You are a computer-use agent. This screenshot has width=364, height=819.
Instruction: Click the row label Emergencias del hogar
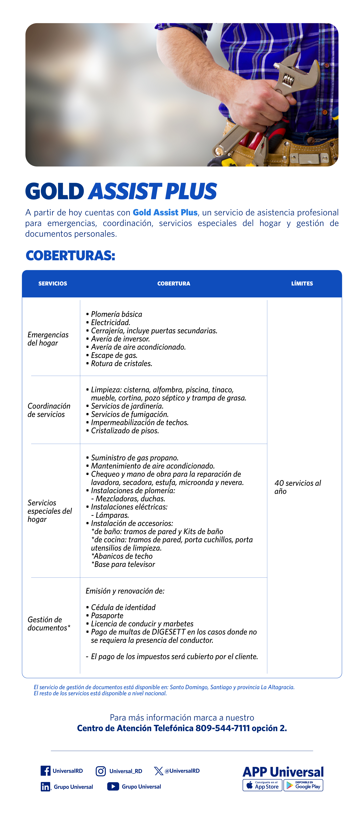pyautogui.click(x=48, y=339)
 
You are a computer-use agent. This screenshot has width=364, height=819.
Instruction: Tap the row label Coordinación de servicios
pyautogui.click(x=49, y=410)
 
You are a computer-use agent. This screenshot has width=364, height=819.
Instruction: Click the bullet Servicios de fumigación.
pyautogui.click(x=130, y=414)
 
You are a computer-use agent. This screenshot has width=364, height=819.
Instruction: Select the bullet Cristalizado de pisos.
pyautogui.click(x=125, y=431)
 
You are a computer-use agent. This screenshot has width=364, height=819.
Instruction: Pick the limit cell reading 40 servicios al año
pyautogui.click(x=298, y=487)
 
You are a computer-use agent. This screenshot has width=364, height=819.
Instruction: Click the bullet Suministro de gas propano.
pyautogui.click(x=135, y=458)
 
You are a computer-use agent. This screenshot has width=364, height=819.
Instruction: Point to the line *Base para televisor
pyautogui.click(x=123, y=564)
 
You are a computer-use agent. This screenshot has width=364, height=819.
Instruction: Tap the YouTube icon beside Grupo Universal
pyautogui.click(x=113, y=787)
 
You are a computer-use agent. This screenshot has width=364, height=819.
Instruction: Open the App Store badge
pyautogui.click(x=262, y=785)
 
